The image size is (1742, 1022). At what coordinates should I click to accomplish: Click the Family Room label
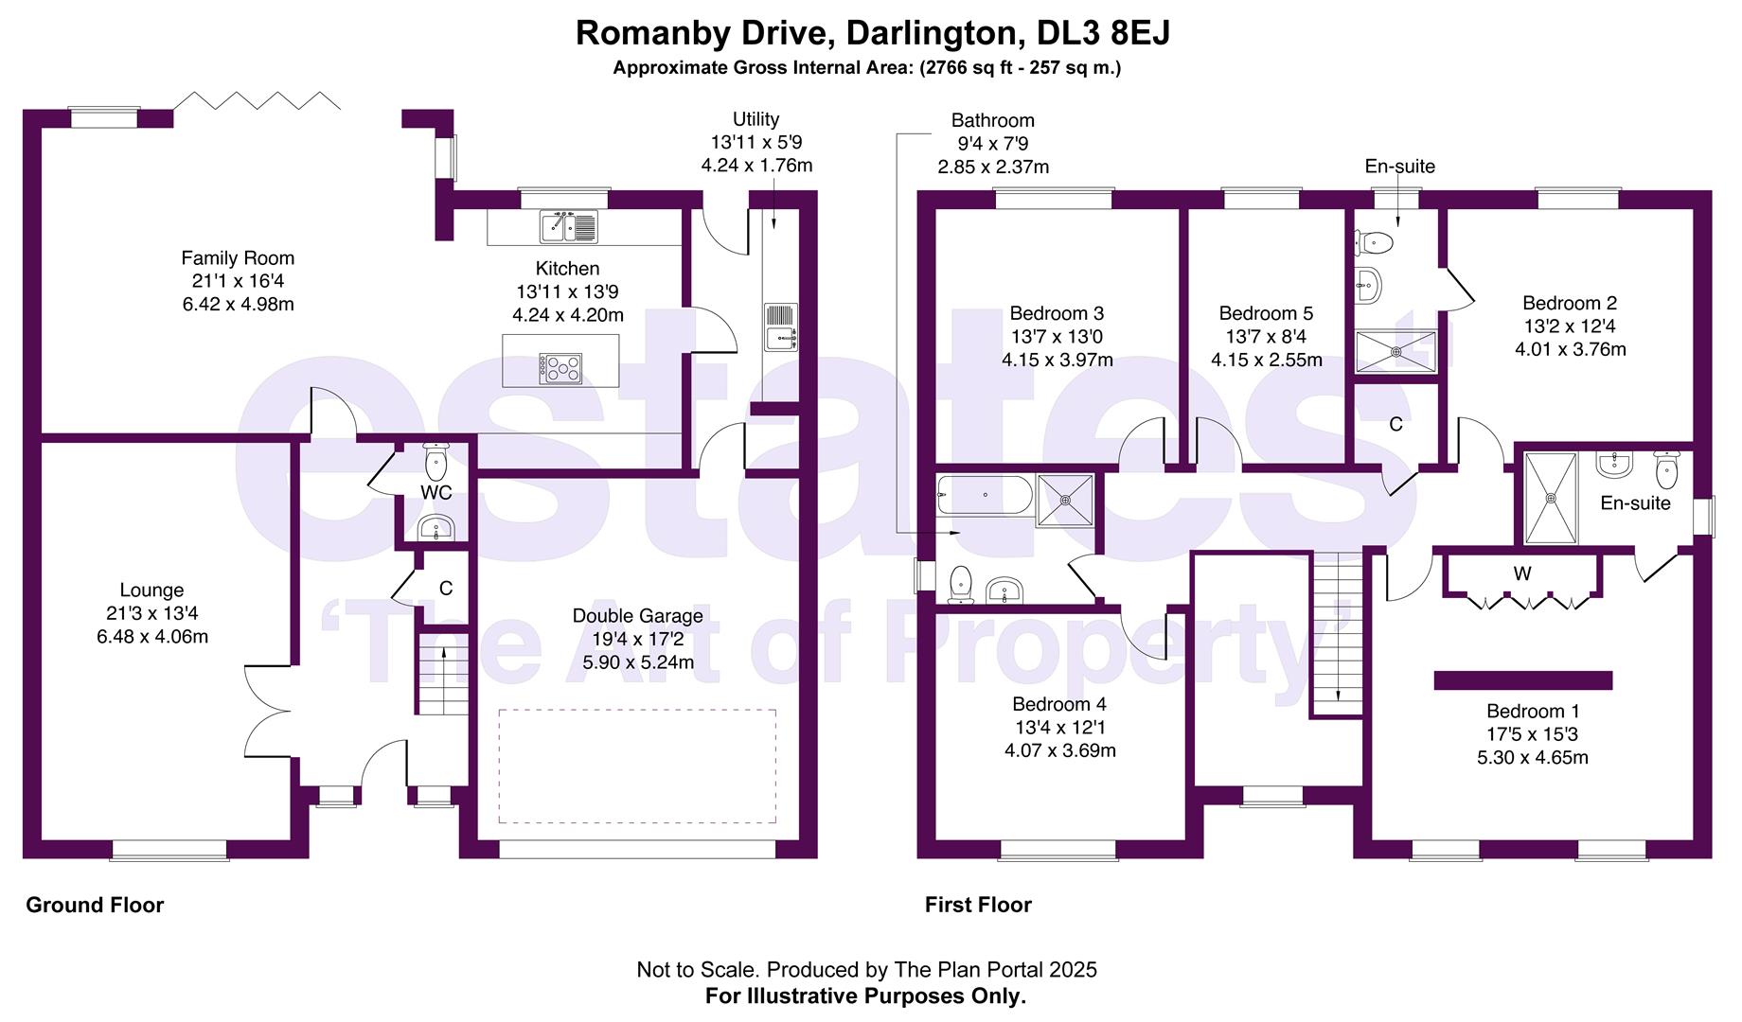tap(238, 258)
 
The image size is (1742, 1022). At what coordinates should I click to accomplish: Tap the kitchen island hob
tap(560, 367)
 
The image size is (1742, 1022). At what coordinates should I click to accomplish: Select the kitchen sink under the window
tap(569, 226)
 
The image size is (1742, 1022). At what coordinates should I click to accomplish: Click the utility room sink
tap(781, 326)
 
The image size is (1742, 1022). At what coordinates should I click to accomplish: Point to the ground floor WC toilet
tap(435, 462)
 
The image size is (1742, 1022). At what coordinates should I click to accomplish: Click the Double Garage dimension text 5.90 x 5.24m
tap(637, 662)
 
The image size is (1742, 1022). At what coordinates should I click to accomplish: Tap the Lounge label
tap(151, 590)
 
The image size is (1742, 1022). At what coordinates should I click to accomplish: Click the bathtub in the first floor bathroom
tap(985, 494)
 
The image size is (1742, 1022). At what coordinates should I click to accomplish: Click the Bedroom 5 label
tap(1266, 313)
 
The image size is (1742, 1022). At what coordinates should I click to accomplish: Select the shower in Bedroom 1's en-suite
tap(1551, 499)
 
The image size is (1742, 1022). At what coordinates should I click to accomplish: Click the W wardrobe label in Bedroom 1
tap(1521, 573)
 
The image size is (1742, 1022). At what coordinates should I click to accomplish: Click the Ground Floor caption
tap(95, 906)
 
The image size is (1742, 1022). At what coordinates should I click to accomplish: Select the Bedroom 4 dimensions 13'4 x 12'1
tap(1059, 728)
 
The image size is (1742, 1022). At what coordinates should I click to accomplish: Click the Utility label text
tap(755, 119)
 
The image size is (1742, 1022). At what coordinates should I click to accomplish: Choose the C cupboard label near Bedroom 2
tap(1395, 425)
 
